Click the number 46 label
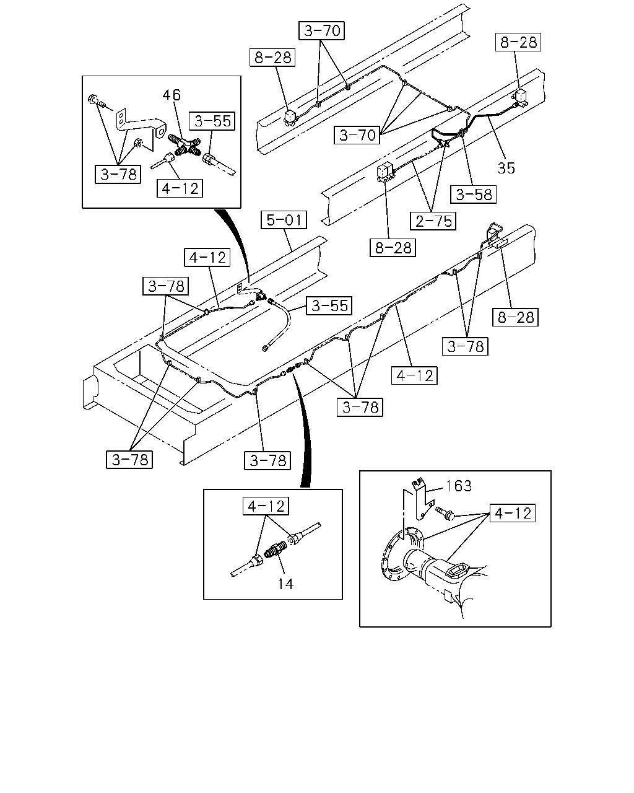click(x=172, y=95)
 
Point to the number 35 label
click(x=506, y=168)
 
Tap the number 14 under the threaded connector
click(x=285, y=584)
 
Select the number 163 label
click(x=459, y=486)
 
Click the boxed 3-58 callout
click(x=474, y=194)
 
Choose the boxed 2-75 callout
click(x=433, y=221)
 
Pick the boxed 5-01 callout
click(x=284, y=220)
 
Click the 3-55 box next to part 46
click(x=212, y=121)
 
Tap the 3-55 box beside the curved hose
click(x=329, y=305)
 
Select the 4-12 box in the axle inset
click(x=513, y=512)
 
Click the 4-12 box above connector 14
click(x=266, y=506)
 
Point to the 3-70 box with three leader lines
click(x=357, y=135)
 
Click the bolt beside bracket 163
click(x=445, y=513)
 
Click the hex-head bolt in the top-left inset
click(x=96, y=102)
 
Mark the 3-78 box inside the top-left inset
click(x=118, y=174)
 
